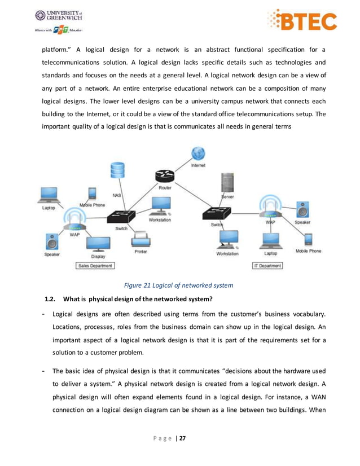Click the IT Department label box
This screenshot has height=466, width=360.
(267, 265)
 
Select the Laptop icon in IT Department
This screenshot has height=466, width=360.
(270, 240)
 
